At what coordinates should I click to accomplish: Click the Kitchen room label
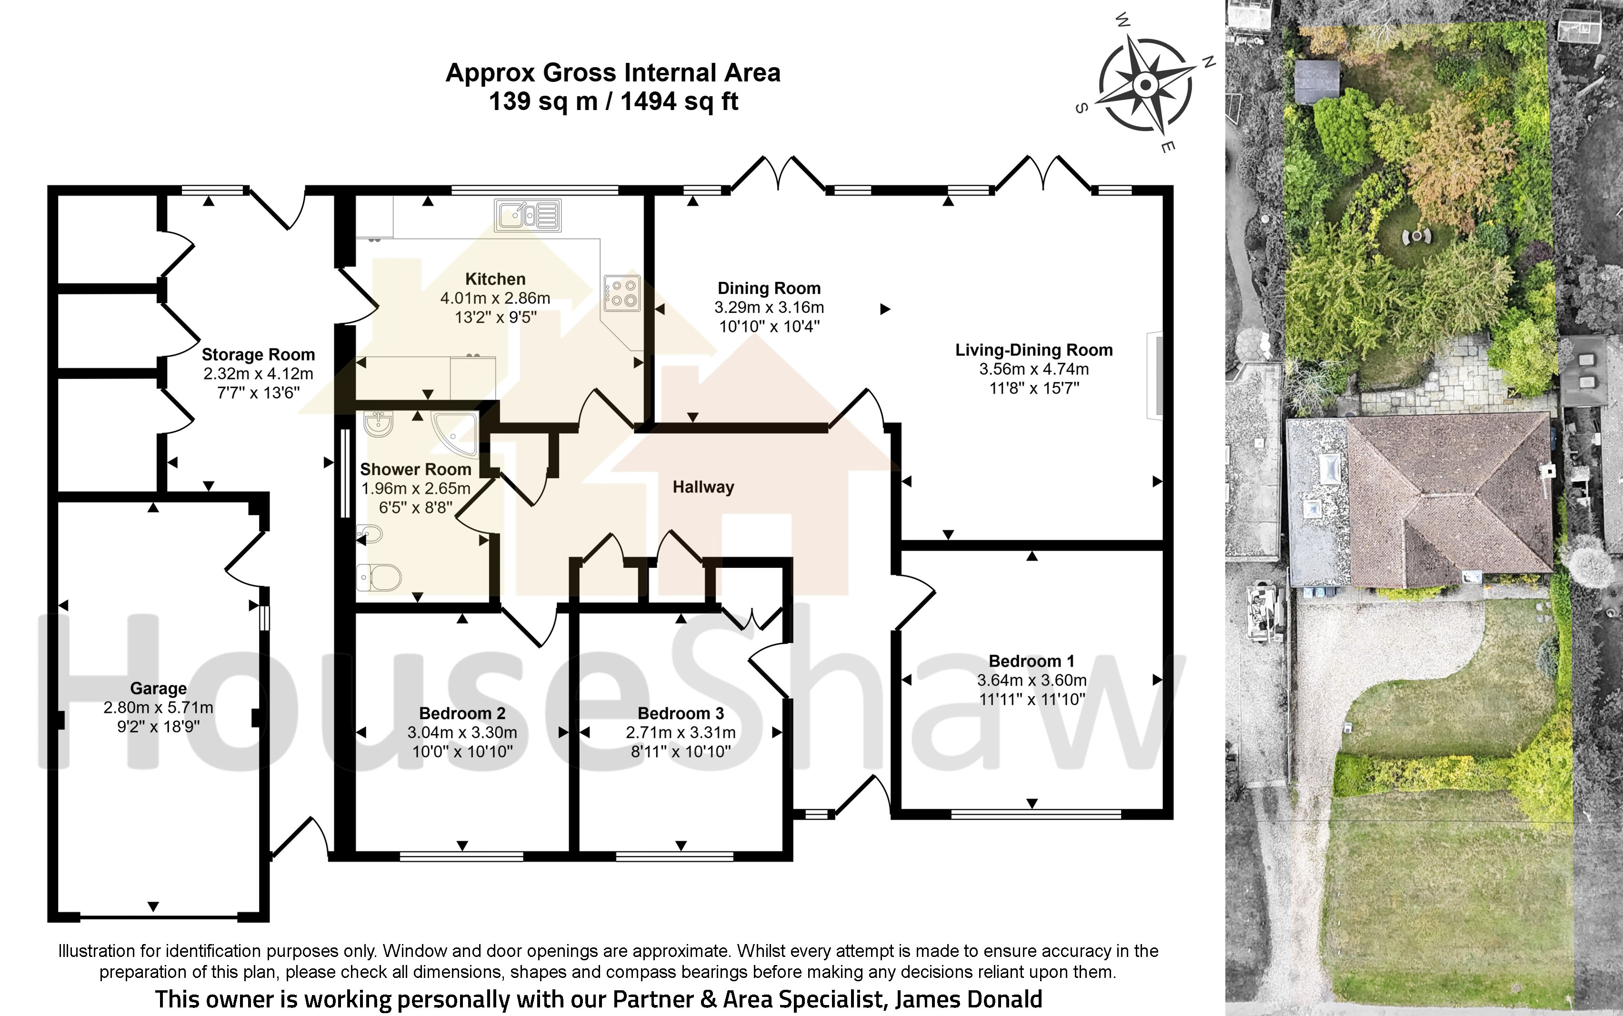(495, 279)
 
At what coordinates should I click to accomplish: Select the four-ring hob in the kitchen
(622, 293)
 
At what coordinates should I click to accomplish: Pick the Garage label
(159, 688)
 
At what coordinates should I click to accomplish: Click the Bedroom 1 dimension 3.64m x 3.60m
(1032, 680)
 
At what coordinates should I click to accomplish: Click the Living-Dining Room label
(1034, 350)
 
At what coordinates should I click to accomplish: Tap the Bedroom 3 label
(681, 713)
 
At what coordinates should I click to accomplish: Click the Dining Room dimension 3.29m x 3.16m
(769, 307)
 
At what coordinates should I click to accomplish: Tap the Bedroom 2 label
(462, 713)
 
